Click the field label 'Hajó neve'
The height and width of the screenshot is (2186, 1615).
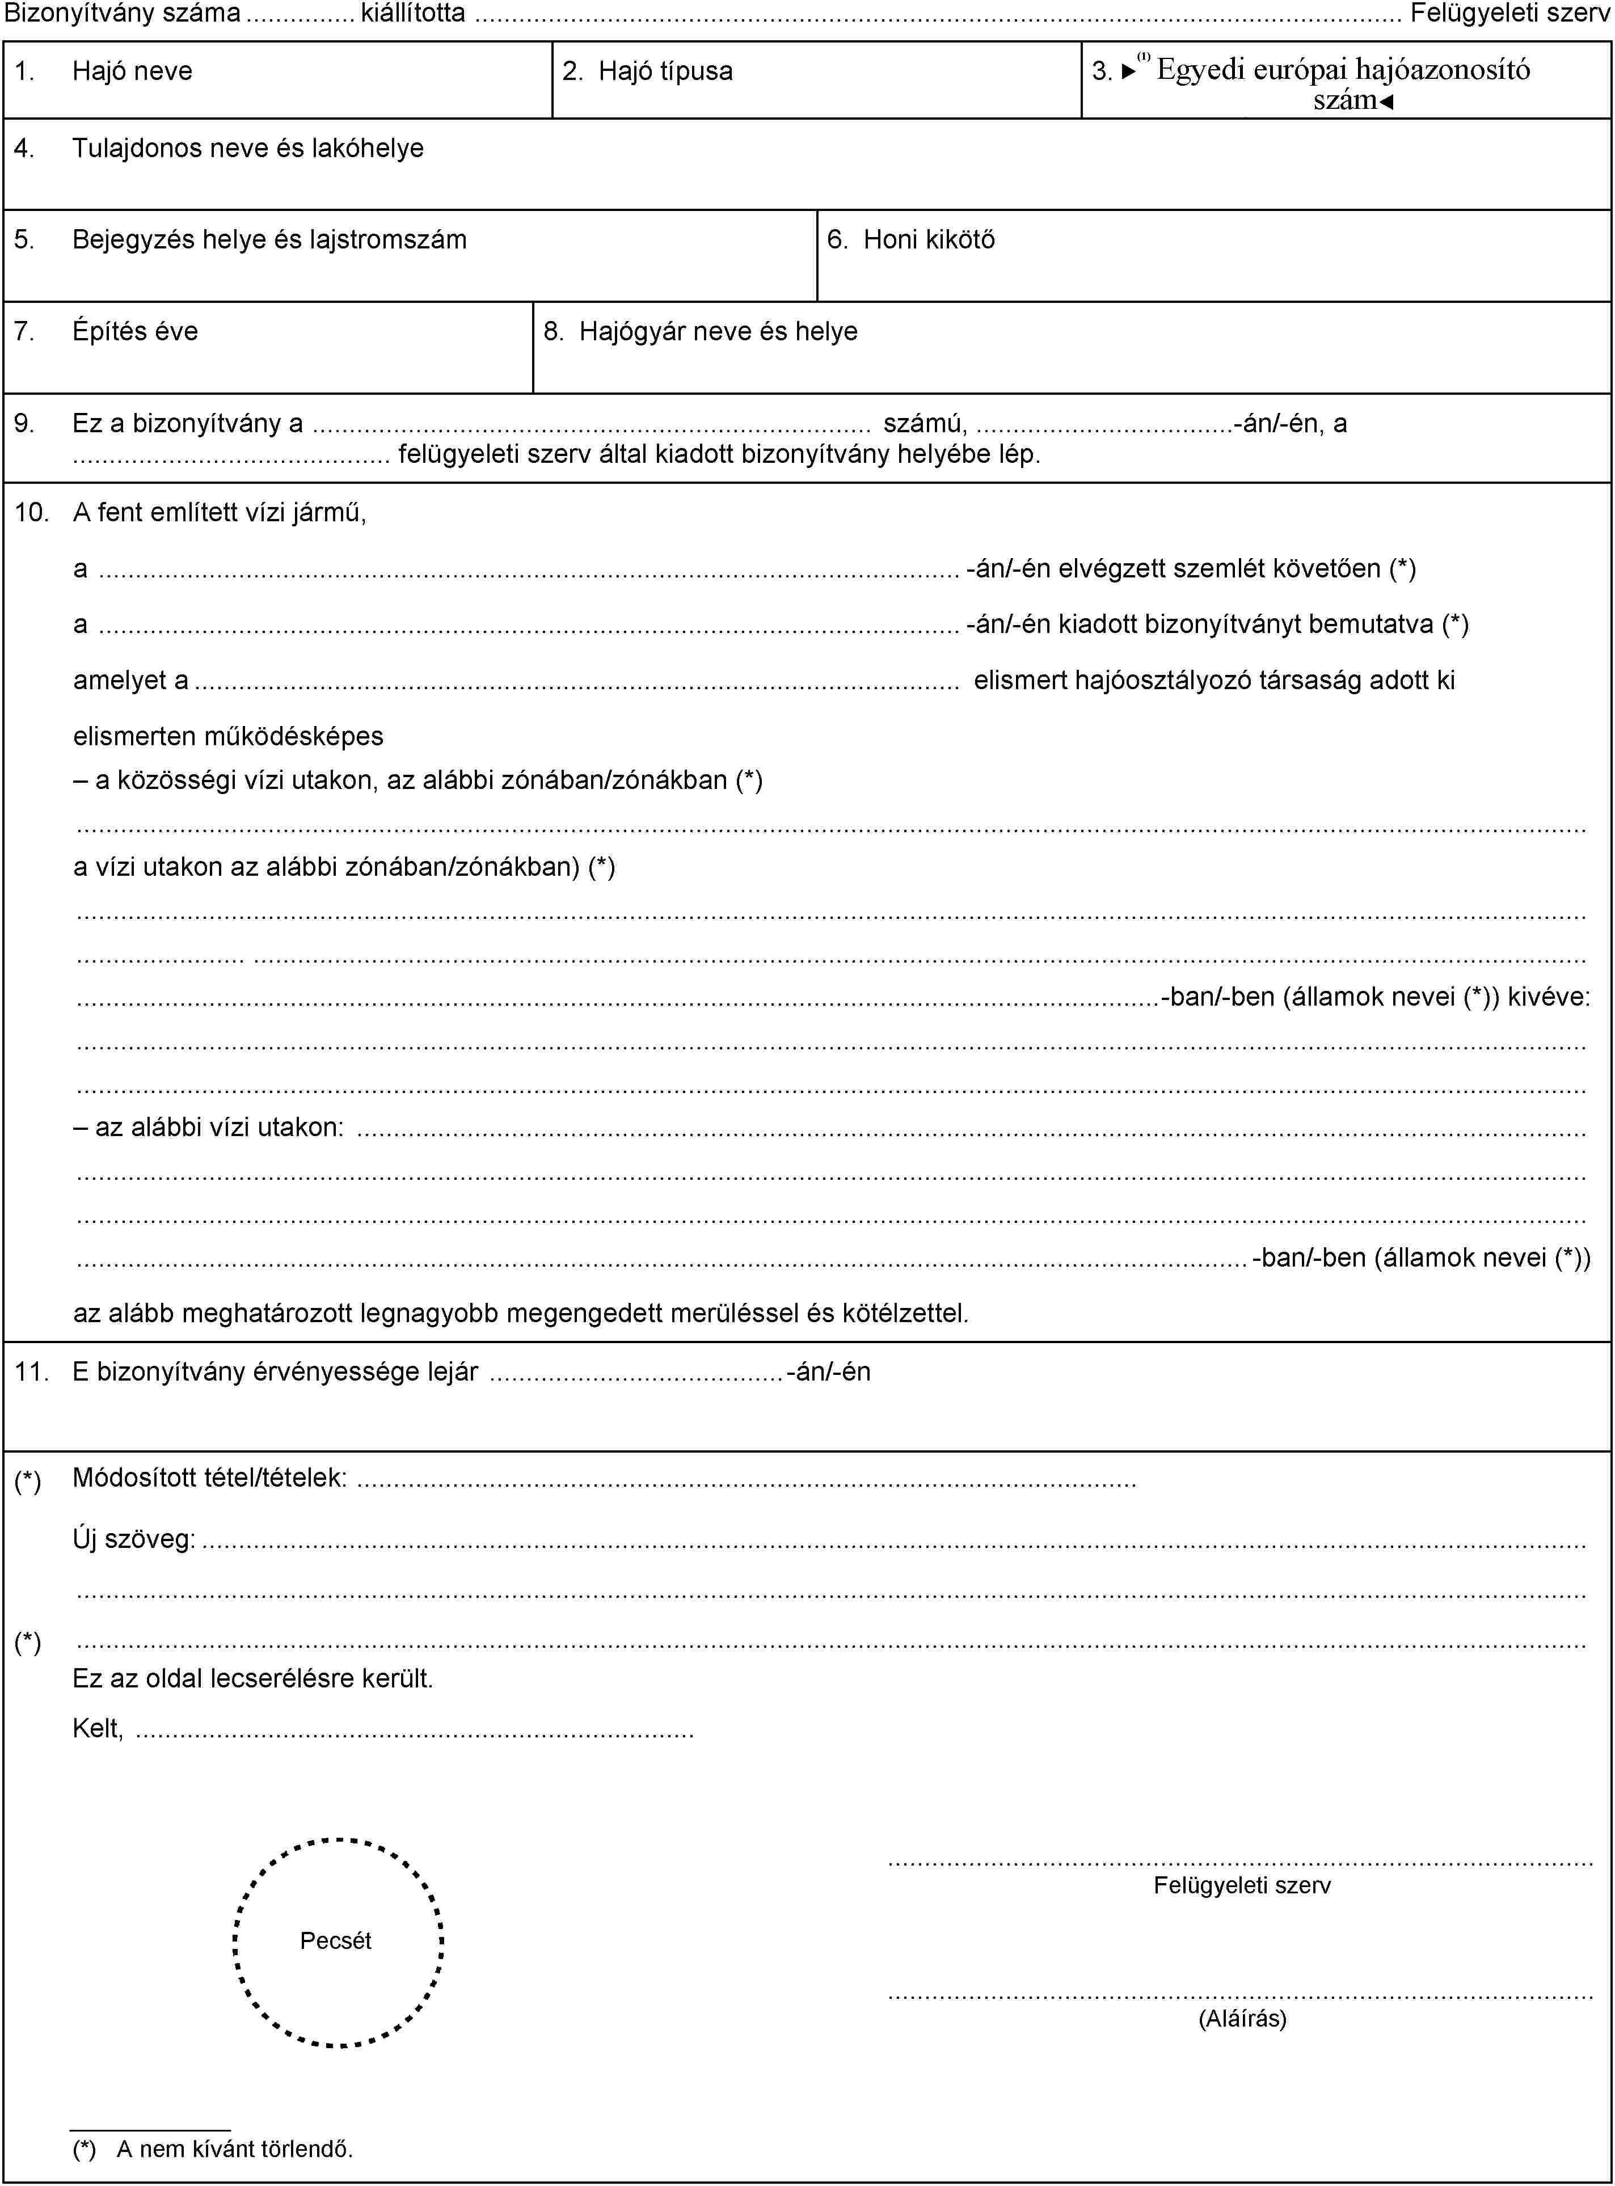coord(132,71)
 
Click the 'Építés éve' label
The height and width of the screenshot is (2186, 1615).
coord(135,331)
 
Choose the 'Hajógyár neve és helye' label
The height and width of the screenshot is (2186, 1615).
coord(718,331)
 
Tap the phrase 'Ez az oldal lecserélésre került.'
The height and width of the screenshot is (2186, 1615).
coord(252,1678)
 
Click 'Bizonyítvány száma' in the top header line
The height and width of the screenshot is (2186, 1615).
coord(123,12)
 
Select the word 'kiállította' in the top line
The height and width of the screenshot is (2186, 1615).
coord(412,12)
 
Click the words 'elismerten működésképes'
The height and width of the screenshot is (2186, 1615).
coord(228,736)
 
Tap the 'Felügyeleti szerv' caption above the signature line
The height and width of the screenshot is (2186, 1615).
coord(1242,1885)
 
